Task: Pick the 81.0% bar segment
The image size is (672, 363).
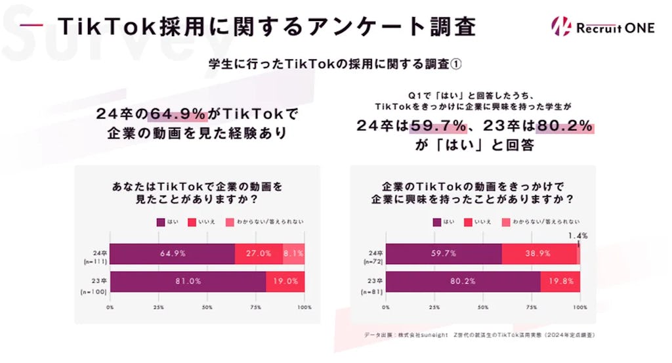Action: click(x=188, y=282)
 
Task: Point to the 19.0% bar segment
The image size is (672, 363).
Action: click(x=285, y=282)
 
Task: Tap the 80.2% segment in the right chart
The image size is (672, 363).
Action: click(x=463, y=282)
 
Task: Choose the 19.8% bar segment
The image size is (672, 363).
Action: click(x=560, y=282)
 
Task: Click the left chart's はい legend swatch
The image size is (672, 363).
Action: click(x=161, y=223)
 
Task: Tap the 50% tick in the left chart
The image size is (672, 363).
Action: click(x=207, y=307)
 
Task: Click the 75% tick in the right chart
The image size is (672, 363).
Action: click(x=532, y=307)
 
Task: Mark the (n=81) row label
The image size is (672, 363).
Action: click(x=371, y=289)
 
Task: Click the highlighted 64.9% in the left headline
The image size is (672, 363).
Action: click(x=178, y=114)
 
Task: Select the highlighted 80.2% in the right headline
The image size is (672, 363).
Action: click(x=564, y=125)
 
